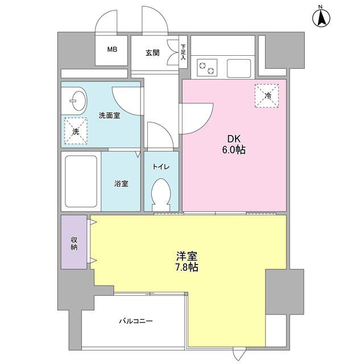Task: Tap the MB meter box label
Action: (x=112, y=49)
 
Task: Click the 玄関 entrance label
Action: (x=152, y=53)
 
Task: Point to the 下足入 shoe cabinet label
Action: (x=183, y=52)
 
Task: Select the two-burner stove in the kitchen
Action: (x=207, y=68)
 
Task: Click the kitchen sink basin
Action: (x=239, y=68)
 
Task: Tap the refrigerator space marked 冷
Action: (x=267, y=96)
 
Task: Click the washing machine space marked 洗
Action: (x=76, y=131)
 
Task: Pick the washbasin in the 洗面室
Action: (x=78, y=101)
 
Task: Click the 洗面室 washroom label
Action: (x=109, y=115)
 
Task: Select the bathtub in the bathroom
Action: (x=81, y=181)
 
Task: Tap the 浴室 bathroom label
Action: (x=121, y=183)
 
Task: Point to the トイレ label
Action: (x=161, y=167)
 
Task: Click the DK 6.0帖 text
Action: (x=234, y=144)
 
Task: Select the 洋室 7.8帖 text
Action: (x=187, y=262)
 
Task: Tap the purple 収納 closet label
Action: (x=74, y=243)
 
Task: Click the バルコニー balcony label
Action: (x=136, y=321)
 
